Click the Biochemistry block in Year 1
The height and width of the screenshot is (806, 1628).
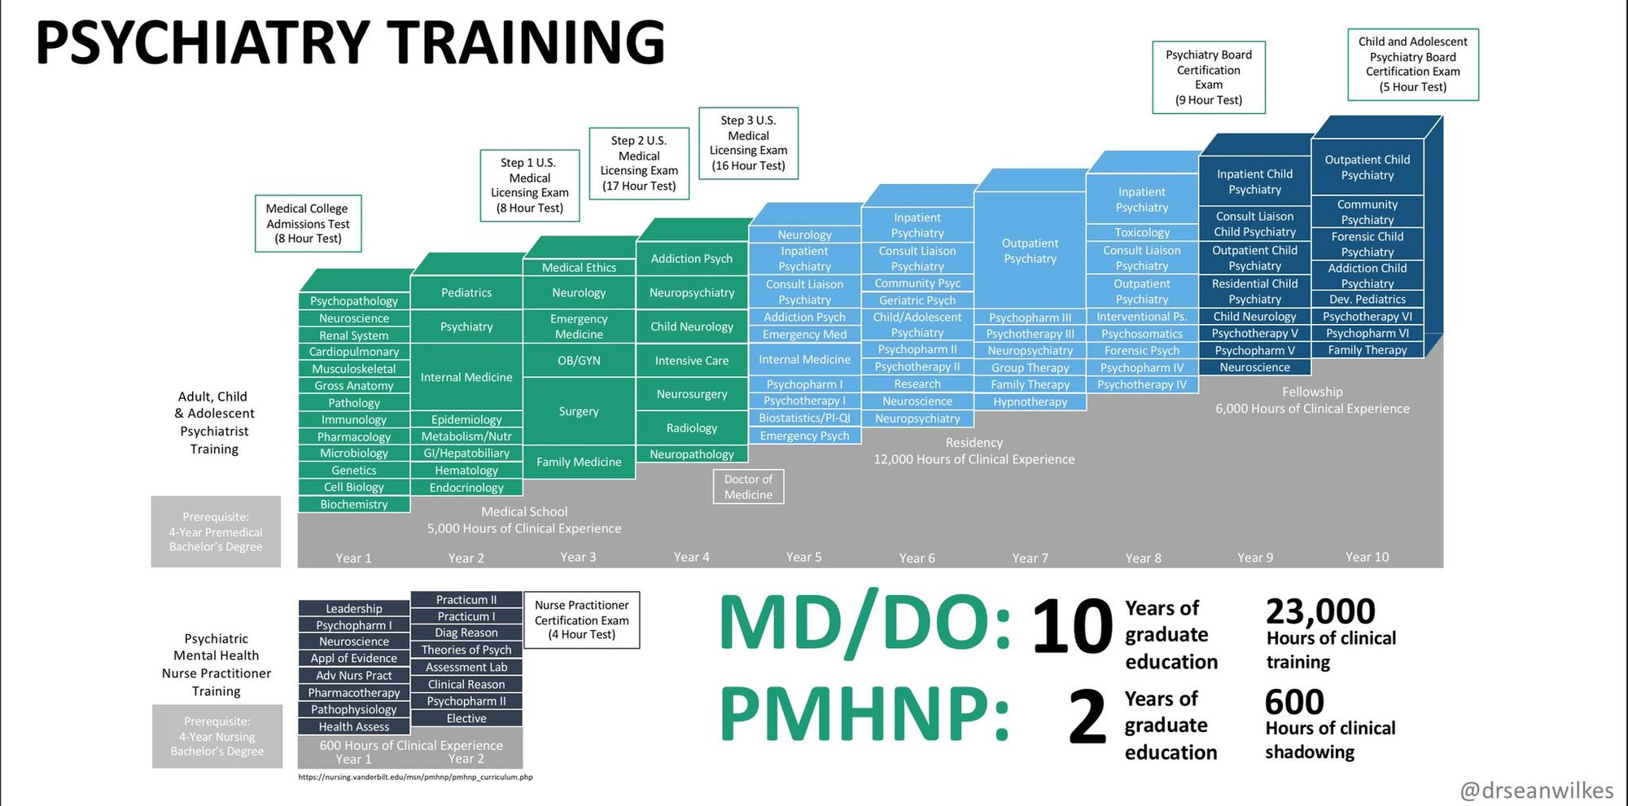(354, 505)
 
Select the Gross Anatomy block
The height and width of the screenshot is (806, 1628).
(354, 386)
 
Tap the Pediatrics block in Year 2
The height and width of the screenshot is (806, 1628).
(466, 293)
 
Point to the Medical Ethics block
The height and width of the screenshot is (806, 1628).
(579, 267)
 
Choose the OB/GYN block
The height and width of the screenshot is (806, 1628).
(579, 361)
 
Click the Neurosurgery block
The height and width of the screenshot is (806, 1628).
(692, 394)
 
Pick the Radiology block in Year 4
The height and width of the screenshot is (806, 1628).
(692, 428)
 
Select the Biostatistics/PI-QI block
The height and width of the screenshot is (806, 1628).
(804, 418)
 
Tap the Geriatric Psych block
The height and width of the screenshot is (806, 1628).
(917, 300)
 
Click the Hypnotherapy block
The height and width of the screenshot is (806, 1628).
(1030, 402)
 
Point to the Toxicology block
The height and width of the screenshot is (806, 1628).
(1142, 233)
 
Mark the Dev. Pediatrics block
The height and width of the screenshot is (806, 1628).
(1368, 300)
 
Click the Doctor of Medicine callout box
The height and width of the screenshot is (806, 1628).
(749, 487)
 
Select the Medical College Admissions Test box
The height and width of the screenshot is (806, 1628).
(308, 223)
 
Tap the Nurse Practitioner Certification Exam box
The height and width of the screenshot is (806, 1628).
(582, 620)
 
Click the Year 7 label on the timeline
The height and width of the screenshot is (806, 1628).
(1030, 559)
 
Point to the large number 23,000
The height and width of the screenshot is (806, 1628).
(1320, 611)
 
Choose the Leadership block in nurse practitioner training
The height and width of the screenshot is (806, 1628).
(354, 609)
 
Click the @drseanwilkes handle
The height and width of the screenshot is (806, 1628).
(1537, 791)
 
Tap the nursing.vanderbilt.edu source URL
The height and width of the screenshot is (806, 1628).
(415, 778)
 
